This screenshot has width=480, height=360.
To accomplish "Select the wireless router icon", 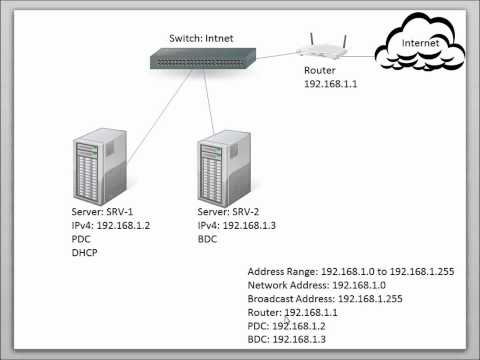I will [x=323, y=47].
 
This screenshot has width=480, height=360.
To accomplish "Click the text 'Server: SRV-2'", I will [x=235, y=213].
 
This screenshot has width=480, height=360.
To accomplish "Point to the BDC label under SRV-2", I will [x=209, y=241].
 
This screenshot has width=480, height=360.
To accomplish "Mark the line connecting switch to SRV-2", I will [x=209, y=105].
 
